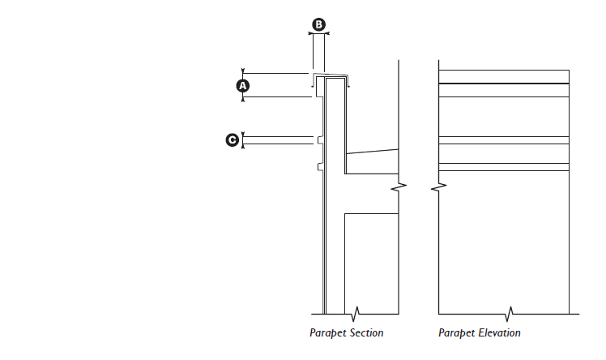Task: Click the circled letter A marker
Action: click(x=242, y=85)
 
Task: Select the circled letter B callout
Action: click(x=318, y=25)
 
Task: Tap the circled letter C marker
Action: click(x=233, y=141)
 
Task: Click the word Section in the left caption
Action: click(x=365, y=333)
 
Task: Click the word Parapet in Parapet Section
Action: click(x=326, y=333)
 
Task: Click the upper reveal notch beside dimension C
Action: click(x=320, y=140)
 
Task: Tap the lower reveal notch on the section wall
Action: click(x=320, y=167)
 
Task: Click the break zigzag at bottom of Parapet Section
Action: click(x=355, y=311)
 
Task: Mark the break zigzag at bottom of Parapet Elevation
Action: click(x=510, y=311)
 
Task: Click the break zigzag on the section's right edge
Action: click(x=398, y=189)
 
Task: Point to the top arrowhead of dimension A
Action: click(x=242, y=73)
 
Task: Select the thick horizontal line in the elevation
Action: click(x=503, y=84)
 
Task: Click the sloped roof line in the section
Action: click(x=372, y=151)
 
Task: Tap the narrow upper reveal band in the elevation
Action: click(x=503, y=140)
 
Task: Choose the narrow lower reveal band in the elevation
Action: click(x=503, y=167)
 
